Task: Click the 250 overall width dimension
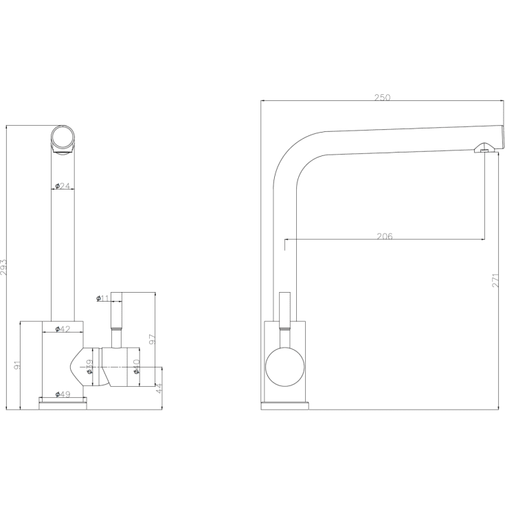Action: [382, 98]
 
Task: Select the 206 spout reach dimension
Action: [385, 236]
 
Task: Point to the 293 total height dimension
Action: [4, 267]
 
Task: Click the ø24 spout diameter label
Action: [64, 186]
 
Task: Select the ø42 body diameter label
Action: [63, 329]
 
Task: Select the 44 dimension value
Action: [159, 389]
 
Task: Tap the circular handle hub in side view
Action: [283, 366]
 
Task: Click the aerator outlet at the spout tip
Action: [484, 147]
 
